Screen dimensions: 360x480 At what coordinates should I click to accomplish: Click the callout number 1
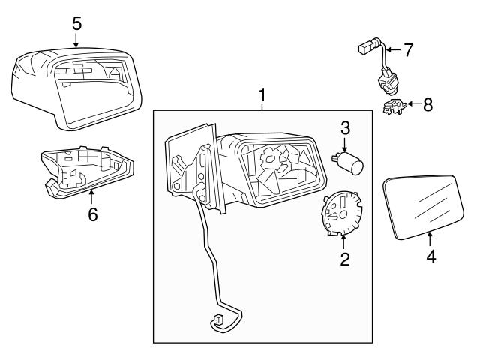pyautogui.click(x=262, y=95)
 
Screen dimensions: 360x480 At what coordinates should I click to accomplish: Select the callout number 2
pyautogui.click(x=344, y=260)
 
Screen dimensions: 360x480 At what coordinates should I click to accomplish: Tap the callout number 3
pyautogui.click(x=345, y=127)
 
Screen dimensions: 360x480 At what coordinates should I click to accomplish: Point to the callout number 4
pyautogui.click(x=430, y=256)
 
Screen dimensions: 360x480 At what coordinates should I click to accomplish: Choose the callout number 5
pyautogui.click(x=76, y=23)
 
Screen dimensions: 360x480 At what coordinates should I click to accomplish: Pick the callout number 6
pyautogui.click(x=92, y=214)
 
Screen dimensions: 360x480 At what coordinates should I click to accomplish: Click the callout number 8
pyautogui.click(x=427, y=104)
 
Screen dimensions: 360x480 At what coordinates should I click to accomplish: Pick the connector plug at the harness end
pyautogui.click(x=218, y=323)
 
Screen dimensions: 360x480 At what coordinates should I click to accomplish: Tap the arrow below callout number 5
pyautogui.click(x=76, y=40)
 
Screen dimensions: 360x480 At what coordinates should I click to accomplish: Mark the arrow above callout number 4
pyautogui.click(x=430, y=238)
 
